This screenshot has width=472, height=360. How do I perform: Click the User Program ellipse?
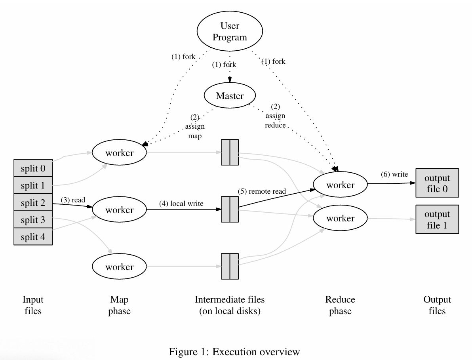point(230,31)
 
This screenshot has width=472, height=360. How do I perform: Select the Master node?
point(230,95)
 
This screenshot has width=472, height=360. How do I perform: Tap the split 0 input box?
point(33,168)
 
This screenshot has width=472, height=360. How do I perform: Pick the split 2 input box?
point(33,202)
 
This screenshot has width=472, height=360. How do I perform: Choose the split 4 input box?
point(33,236)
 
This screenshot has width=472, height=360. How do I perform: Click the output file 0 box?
point(437,183)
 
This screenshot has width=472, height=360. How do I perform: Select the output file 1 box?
point(437,219)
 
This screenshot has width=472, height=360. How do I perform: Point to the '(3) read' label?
point(73,200)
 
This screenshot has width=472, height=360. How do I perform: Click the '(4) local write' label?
point(181,204)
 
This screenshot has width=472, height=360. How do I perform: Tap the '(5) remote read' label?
point(262,191)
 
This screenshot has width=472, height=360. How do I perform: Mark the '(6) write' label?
point(394,174)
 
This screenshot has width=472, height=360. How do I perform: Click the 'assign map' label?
point(195,131)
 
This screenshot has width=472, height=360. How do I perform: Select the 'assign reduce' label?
point(275,120)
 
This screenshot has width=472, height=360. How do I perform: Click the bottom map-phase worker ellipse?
point(119,267)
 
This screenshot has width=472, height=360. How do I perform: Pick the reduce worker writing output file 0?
point(340,185)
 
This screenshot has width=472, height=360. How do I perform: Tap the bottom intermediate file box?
point(230,267)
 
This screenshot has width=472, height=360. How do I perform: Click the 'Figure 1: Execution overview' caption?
point(234,352)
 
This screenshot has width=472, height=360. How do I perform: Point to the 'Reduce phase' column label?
point(340,305)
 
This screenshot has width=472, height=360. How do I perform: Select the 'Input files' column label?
point(33,305)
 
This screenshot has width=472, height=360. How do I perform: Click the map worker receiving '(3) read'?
point(119,210)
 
